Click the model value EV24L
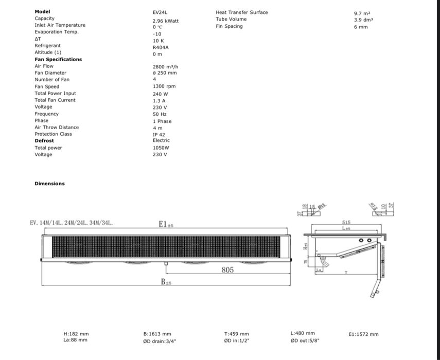click(160, 12)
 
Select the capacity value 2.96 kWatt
click(166, 21)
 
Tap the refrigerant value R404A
click(161, 46)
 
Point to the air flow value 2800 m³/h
click(165, 67)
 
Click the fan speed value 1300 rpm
click(164, 87)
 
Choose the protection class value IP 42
click(159, 134)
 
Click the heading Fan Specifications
click(58, 60)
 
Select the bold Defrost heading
click(44, 141)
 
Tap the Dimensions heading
click(50, 184)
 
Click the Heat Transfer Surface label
click(242, 12)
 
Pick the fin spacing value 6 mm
click(361, 27)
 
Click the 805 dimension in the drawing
click(227, 270)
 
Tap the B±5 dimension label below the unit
click(166, 282)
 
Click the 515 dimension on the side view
click(346, 223)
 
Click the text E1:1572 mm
click(363, 334)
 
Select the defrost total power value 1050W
click(161, 148)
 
